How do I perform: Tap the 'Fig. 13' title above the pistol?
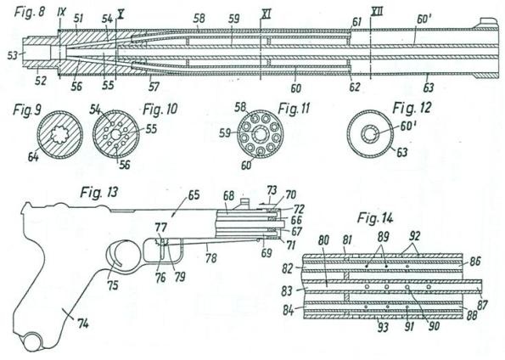[99, 193]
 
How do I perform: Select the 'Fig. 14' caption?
[375, 218]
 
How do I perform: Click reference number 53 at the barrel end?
[13, 56]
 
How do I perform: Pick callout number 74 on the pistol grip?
[83, 323]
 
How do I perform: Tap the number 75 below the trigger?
[112, 285]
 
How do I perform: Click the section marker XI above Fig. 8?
[266, 13]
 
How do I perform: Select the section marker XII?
[377, 12]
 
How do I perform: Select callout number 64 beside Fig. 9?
[33, 157]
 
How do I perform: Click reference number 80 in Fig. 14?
[323, 240]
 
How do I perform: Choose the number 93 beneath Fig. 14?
[383, 328]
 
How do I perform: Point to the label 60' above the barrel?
[424, 20]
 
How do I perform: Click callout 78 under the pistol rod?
[211, 258]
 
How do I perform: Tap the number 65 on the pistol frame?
[194, 195]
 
